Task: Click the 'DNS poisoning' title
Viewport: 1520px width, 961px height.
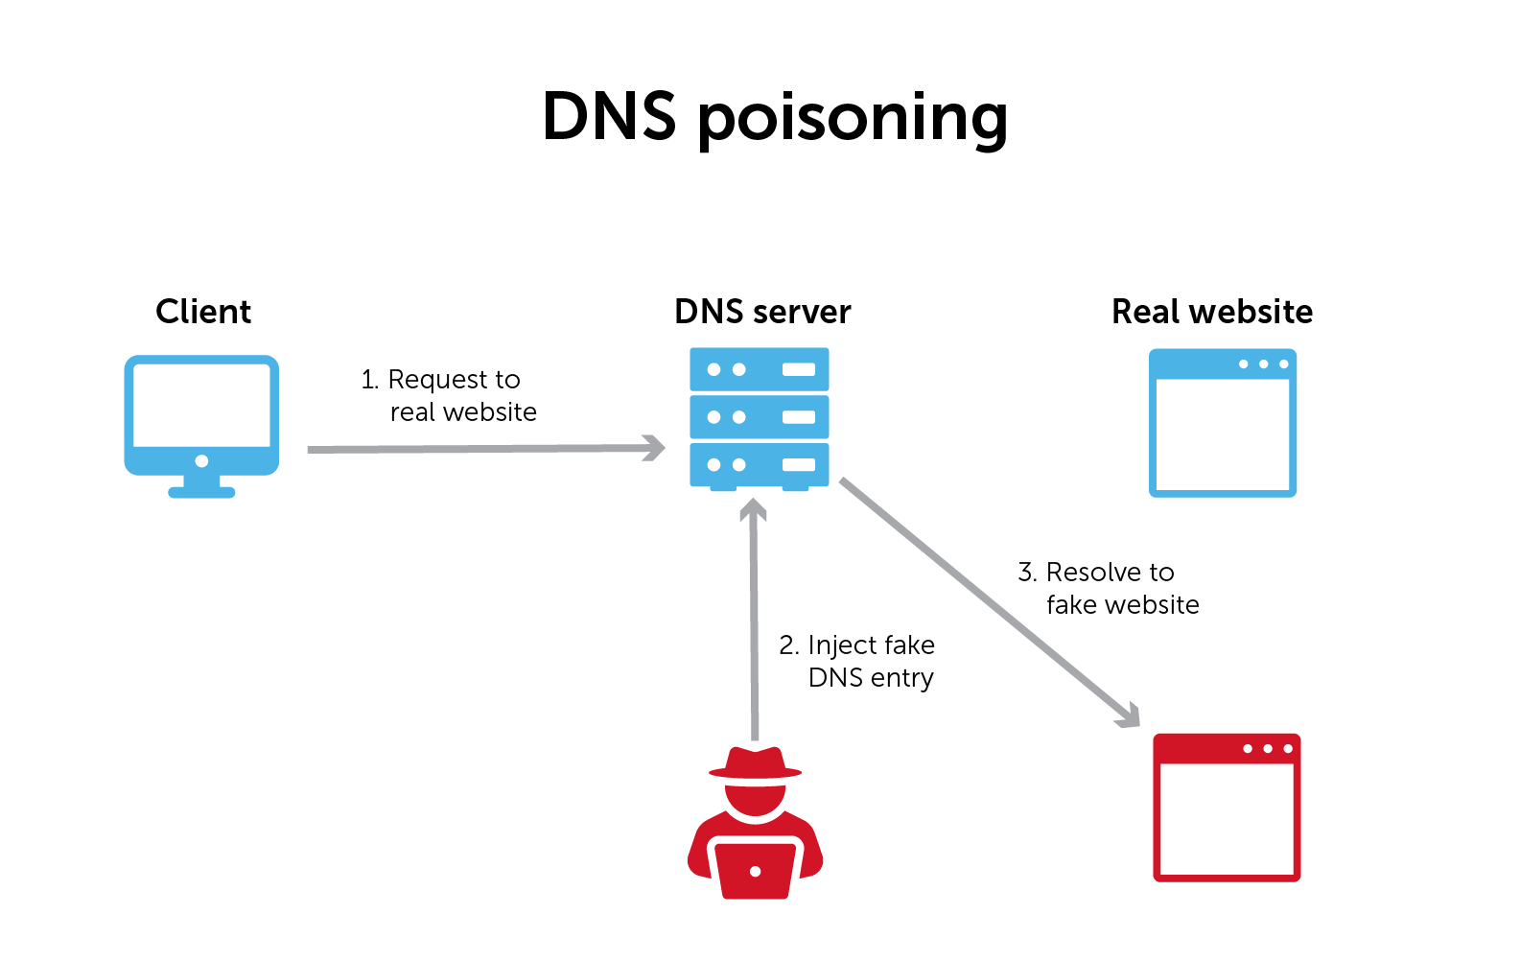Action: (x=775, y=117)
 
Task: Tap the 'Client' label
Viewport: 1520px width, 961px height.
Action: (x=203, y=312)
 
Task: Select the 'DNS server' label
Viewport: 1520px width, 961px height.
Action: (x=762, y=312)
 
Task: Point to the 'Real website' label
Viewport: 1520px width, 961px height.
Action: (x=1212, y=312)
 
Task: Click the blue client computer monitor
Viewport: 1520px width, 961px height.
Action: (x=201, y=408)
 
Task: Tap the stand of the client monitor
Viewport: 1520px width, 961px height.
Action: (x=201, y=487)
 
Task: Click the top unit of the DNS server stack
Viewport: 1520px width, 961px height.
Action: (x=760, y=369)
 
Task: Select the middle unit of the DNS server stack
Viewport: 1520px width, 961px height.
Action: (x=760, y=417)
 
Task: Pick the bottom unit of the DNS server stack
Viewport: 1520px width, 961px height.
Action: (x=760, y=465)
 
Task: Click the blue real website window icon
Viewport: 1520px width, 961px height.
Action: (x=1223, y=423)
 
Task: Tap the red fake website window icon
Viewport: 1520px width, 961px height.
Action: (x=1227, y=808)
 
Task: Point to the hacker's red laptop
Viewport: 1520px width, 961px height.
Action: (x=756, y=869)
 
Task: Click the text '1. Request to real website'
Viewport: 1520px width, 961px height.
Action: (x=449, y=395)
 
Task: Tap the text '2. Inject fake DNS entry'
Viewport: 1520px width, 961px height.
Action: (x=857, y=661)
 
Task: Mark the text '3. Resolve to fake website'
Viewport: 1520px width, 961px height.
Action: (x=1109, y=588)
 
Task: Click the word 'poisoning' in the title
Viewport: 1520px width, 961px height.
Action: (x=853, y=119)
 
